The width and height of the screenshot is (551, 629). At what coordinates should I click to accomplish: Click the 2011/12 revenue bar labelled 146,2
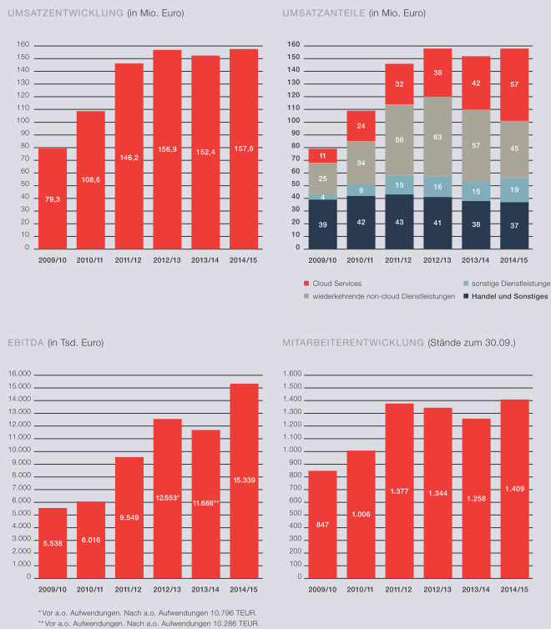pyautogui.click(x=129, y=156)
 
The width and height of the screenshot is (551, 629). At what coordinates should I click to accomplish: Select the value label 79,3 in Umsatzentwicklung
pyautogui.click(x=53, y=199)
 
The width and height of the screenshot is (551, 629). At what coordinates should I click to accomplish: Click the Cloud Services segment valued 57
pyautogui.click(x=514, y=84)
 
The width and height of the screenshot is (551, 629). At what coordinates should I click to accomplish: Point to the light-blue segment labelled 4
pyautogui.click(x=322, y=197)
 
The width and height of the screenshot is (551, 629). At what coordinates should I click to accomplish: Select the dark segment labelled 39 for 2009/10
pyautogui.click(x=322, y=224)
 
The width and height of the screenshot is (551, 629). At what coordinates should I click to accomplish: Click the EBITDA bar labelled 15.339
pyautogui.click(x=244, y=480)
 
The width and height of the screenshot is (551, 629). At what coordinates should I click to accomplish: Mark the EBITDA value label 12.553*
pyautogui.click(x=168, y=497)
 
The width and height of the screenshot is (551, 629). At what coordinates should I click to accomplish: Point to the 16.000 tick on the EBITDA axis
pyautogui.click(x=18, y=375)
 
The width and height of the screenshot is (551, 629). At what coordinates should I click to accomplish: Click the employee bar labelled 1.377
pyautogui.click(x=399, y=490)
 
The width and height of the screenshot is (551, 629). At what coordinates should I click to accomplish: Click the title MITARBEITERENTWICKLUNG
pyautogui.click(x=353, y=342)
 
